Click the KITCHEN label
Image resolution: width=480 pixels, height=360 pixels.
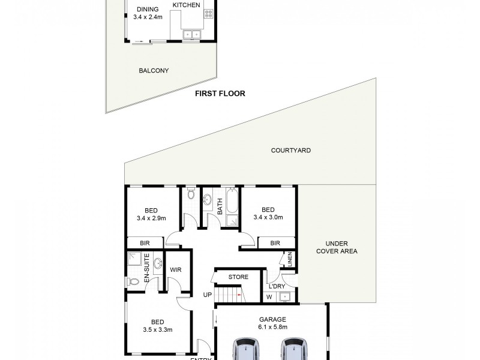coord(186,5)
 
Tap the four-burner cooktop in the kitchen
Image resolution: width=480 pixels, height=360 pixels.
coord(209,12)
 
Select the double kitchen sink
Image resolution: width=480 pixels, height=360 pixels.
coord(192,35)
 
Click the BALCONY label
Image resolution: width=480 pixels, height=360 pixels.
coord(154,71)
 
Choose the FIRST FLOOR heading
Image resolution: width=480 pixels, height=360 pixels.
coord(220,94)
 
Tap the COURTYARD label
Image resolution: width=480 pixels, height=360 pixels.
coord(290,151)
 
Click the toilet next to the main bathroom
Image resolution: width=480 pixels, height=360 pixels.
coord(191,195)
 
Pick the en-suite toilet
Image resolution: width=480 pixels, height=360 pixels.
coord(134,281)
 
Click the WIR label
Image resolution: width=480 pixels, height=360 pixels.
coord(176,270)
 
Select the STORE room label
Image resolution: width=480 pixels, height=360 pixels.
coord(238,277)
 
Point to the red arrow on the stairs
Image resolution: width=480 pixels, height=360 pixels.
coord(239,296)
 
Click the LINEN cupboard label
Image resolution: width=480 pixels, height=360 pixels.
coord(290,261)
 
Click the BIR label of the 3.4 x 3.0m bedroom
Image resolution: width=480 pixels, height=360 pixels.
coord(275,243)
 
